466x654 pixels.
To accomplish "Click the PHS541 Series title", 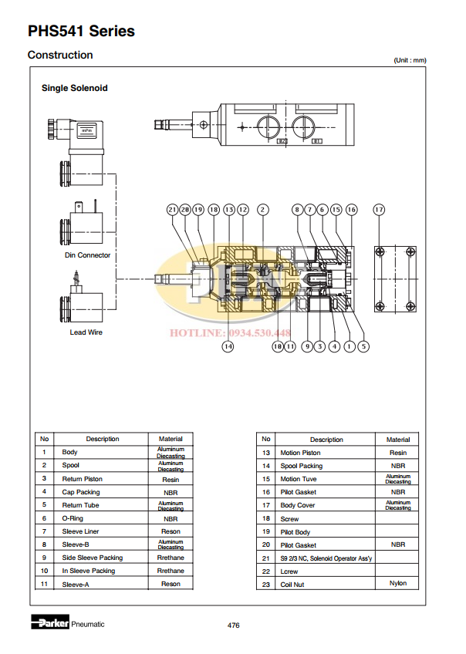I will (x=81, y=32).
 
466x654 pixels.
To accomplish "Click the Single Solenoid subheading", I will (x=74, y=88).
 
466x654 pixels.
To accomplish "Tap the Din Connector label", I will (x=87, y=255).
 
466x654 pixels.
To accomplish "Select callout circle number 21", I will (x=172, y=209).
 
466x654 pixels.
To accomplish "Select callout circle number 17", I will (x=379, y=209).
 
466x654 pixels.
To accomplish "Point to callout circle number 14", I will (x=228, y=347).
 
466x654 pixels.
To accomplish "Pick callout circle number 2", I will (x=263, y=209).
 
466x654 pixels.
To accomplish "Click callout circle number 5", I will (x=363, y=347).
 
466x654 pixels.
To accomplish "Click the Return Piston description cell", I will (x=82, y=479).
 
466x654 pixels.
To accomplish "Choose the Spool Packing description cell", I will (x=301, y=466).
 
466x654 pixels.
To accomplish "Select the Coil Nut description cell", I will (x=293, y=584).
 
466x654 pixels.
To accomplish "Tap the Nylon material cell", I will (x=398, y=584).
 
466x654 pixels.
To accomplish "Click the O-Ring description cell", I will (x=75, y=518).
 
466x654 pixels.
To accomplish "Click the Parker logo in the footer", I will (x=50, y=623).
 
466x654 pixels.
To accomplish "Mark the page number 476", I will (x=233, y=625).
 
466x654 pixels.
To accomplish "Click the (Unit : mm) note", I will (x=409, y=60).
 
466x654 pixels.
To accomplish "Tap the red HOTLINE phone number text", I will (x=232, y=333).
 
